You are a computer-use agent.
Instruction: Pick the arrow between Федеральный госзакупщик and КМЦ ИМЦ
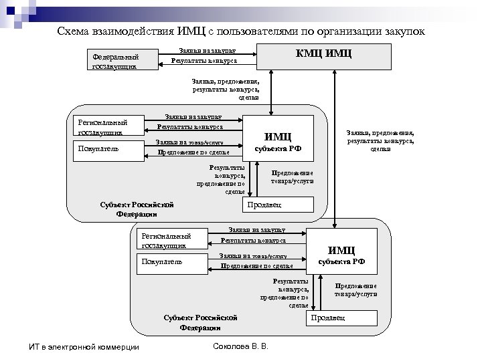point(208,57)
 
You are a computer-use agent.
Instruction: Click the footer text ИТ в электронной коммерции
point(80,347)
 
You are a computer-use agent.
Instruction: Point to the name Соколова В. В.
point(239,347)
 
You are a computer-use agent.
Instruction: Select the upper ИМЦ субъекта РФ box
point(278,142)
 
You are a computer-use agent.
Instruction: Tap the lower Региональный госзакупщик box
point(172,241)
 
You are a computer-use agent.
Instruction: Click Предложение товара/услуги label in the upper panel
point(292,176)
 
